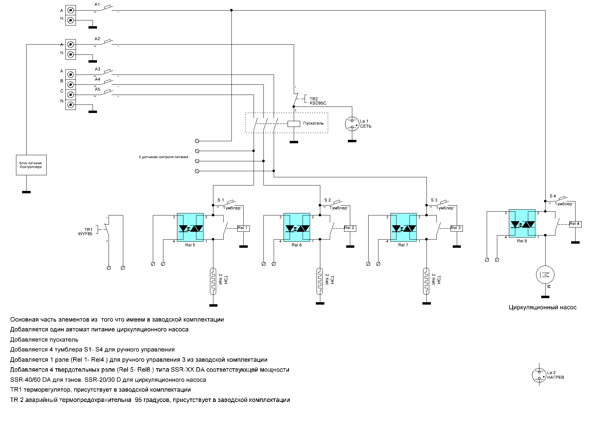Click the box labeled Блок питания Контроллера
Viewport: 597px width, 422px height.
click(x=31, y=165)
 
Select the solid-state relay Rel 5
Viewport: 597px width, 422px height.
click(x=190, y=227)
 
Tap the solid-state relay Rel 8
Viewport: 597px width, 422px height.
click(x=522, y=223)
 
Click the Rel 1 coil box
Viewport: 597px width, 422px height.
click(x=243, y=228)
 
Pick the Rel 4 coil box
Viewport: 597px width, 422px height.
click(x=575, y=224)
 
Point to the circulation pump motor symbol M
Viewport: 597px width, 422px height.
click(x=545, y=274)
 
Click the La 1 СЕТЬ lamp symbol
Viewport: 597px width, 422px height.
click(x=352, y=124)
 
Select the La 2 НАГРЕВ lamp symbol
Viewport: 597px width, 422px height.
click(x=539, y=375)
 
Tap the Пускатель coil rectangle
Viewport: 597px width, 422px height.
click(x=294, y=124)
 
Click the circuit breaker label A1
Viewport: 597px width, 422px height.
click(x=97, y=4)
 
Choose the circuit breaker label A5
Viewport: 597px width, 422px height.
click(x=98, y=89)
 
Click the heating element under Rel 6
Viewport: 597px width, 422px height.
click(x=320, y=281)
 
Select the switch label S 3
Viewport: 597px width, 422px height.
click(x=434, y=200)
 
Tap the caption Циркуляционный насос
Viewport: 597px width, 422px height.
click(x=543, y=308)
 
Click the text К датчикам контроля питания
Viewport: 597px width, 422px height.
click(x=163, y=157)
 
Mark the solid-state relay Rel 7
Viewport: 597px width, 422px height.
click(x=403, y=227)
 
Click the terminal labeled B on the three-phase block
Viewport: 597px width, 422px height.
click(x=70, y=84)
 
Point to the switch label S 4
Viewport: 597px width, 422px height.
click(x=553, y=196)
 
